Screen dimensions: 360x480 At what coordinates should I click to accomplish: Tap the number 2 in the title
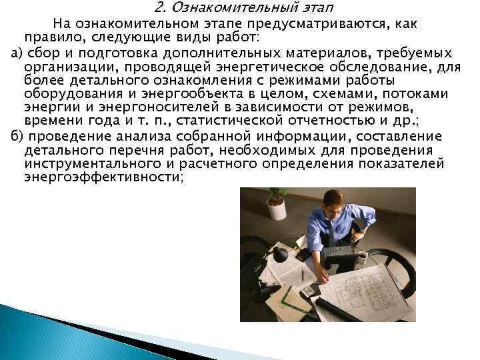[158, 9]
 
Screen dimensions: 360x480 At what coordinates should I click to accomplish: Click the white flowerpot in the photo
[277, 209]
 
